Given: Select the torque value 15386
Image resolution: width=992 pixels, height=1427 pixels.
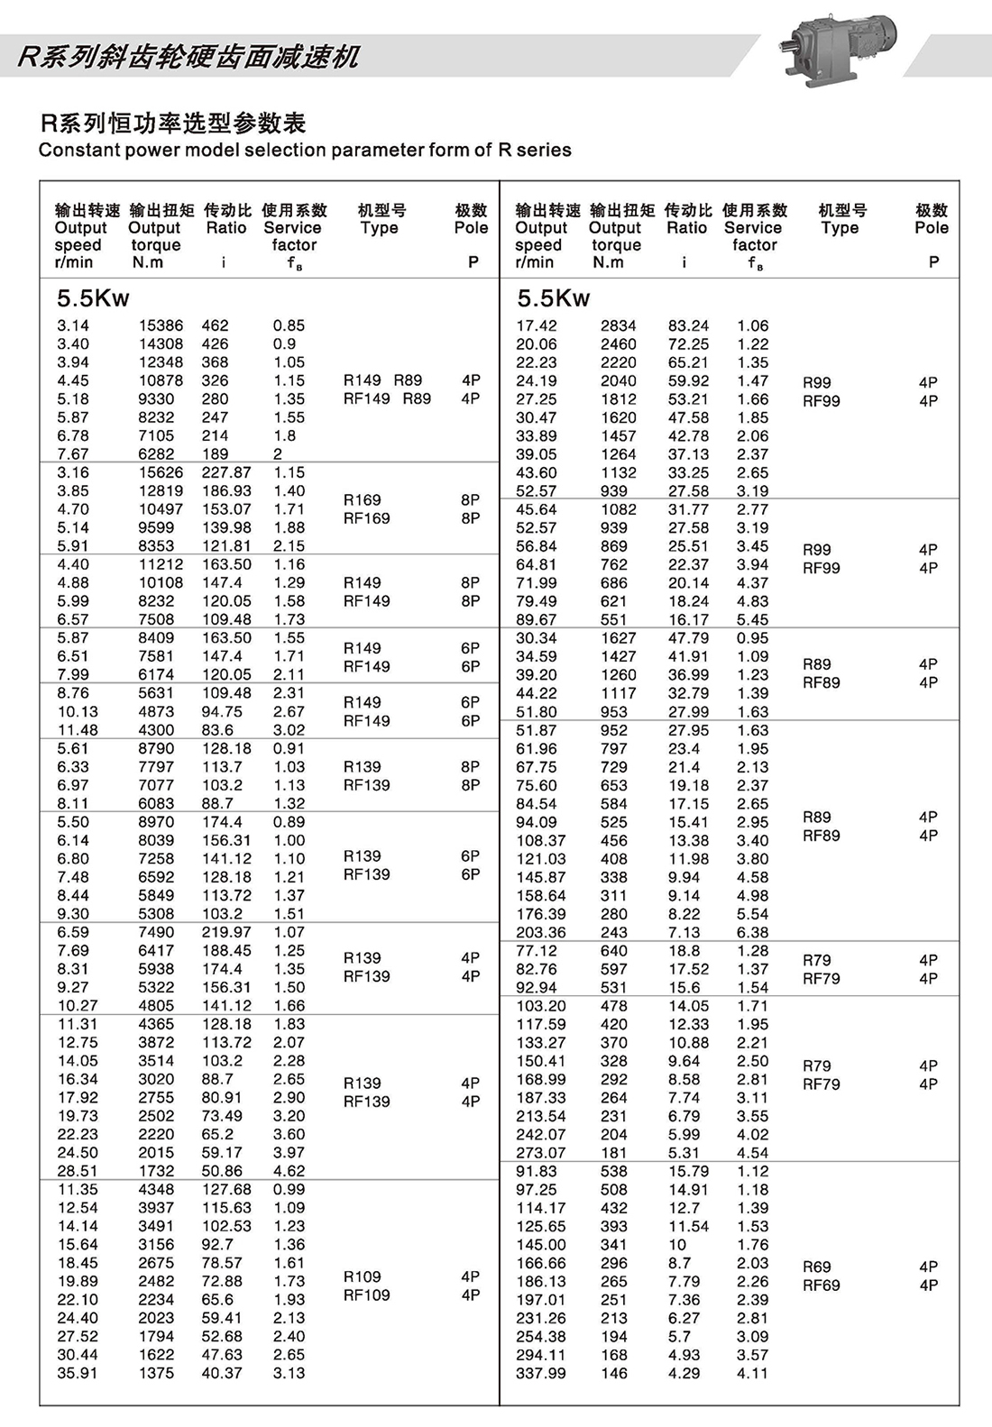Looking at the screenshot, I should click(161, 325).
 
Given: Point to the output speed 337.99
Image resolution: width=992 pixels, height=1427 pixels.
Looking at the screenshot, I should click(541, 1373).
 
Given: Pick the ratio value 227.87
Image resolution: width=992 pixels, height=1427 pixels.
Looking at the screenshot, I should click(226, 472).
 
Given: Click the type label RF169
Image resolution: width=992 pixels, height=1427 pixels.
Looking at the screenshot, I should click(366, 518).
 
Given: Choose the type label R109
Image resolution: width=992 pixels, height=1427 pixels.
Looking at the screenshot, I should click(362, 1276).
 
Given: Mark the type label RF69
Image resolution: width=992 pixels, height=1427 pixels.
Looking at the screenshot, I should click(821, 1285).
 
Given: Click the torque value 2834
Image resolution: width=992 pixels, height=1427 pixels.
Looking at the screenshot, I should click(618, 325).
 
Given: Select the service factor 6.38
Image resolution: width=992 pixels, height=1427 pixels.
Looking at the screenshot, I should click(752, 932).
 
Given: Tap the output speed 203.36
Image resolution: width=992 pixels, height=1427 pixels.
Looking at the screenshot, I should click(541, 932).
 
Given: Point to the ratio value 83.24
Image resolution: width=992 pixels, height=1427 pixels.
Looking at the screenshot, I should click(688, 325).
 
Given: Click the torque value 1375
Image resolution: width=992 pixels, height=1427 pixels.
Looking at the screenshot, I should click(156, 1373).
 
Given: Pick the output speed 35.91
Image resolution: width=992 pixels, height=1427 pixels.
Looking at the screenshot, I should click(78, 1373).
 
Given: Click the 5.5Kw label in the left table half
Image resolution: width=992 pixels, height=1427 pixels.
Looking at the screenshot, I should click(93, 298).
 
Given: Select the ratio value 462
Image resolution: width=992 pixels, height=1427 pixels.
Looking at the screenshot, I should click(215, 325).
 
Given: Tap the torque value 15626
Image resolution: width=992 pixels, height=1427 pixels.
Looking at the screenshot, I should click(161, 472).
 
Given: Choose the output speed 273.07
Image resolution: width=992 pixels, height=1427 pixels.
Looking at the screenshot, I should click(541, 1153).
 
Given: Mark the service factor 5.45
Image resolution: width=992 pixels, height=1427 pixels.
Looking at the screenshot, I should click(752, 620).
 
